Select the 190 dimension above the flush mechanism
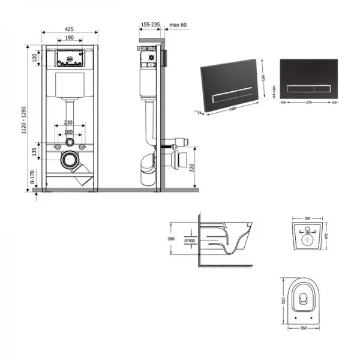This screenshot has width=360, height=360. [x=70, y=37]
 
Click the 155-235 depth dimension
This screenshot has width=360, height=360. [x=150, y=25]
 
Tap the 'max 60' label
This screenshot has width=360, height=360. [x=178, y=25]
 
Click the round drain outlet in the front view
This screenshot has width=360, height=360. [x=70, y=160]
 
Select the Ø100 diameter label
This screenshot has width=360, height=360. [x=190, y=241]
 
